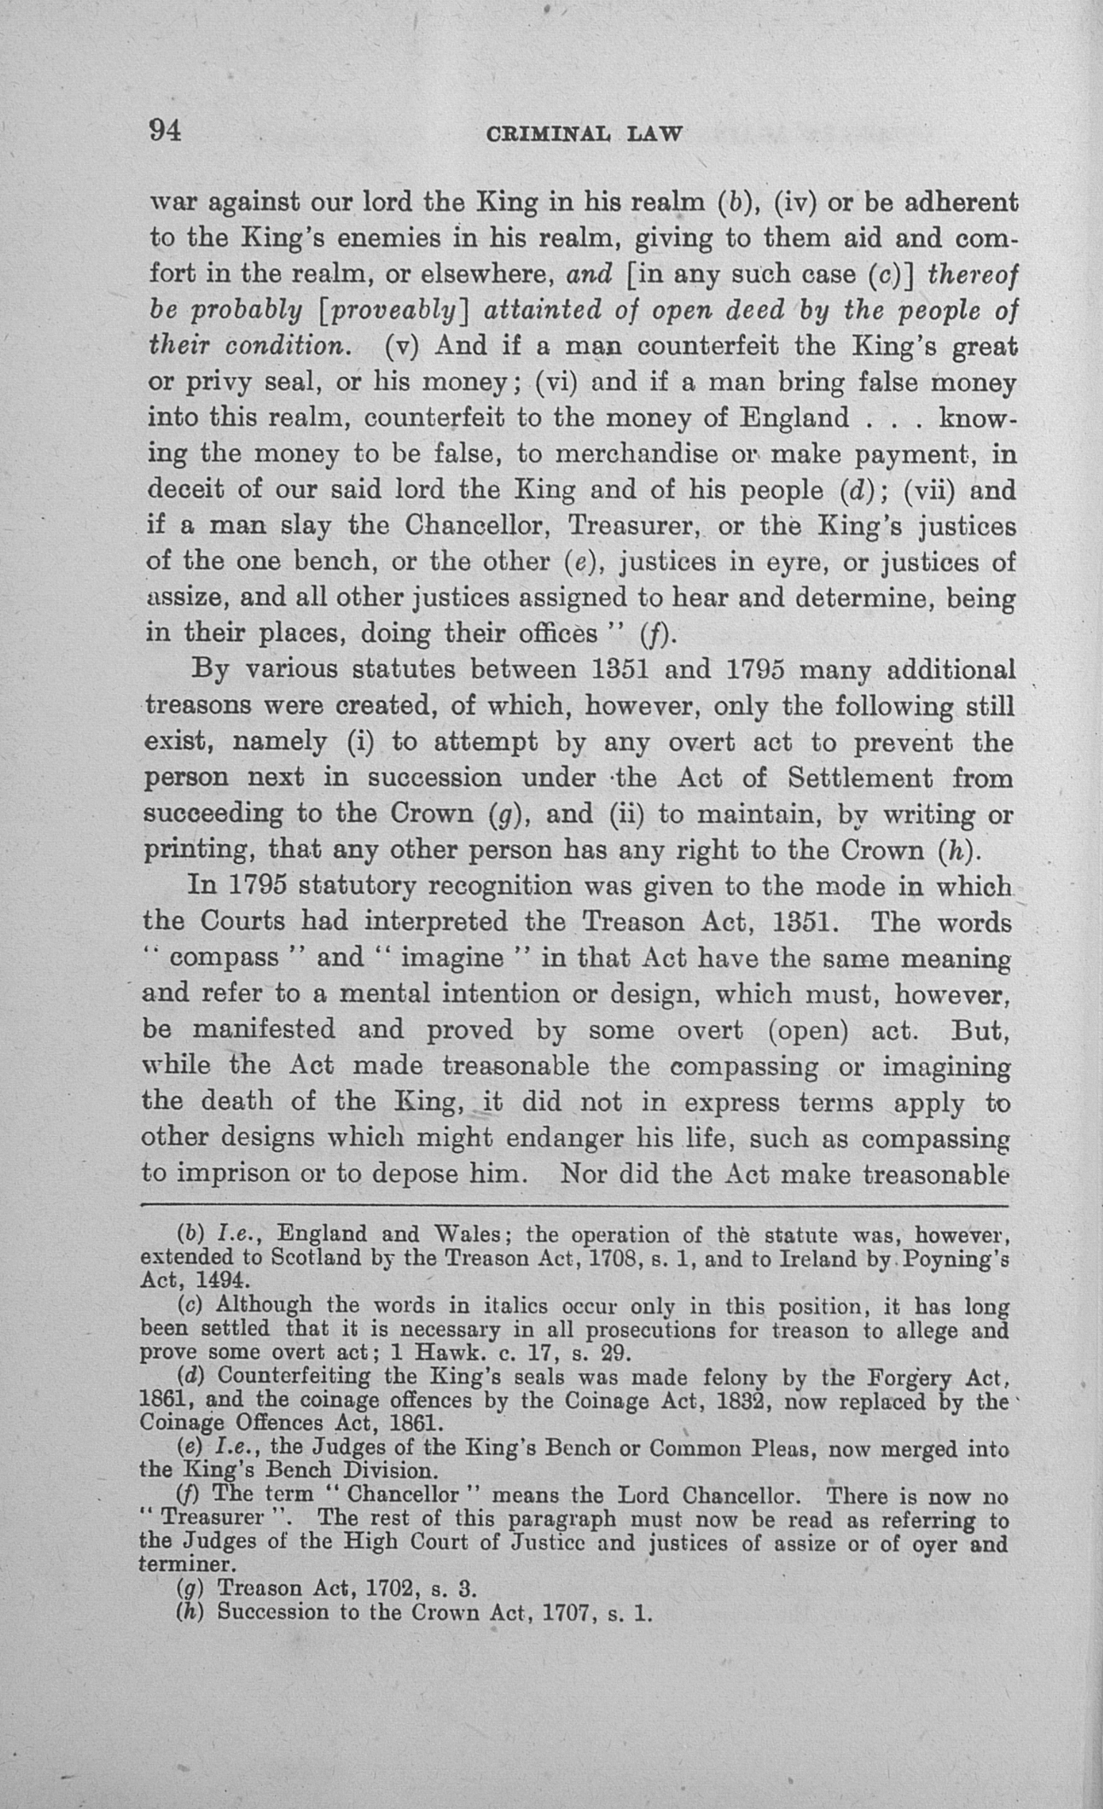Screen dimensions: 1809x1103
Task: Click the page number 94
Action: pyautogui.click(x=166, y=130)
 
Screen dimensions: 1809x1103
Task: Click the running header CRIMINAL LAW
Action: pyautogui.click(x=585, y=135)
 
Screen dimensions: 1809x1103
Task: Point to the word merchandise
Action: pyautogui.click(x=636, y=454)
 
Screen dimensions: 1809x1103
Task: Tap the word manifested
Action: pyautogui.click(x=264, y=1030)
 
